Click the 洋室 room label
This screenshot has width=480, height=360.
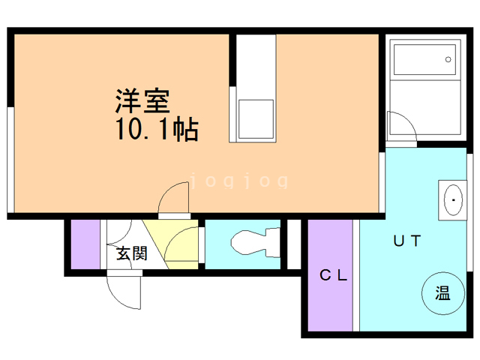tap(142, 100)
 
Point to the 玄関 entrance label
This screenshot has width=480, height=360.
tap(130, 253)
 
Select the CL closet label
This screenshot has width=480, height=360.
tap(334, 275)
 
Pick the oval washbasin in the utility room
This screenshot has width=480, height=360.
tap(452, 200)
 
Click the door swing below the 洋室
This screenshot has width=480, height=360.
tap(173, 199)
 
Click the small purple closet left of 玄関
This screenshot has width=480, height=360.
tap(85, 245)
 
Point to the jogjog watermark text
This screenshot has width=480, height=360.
tap(239, 181)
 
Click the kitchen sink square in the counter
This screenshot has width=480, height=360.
tap(255, 117)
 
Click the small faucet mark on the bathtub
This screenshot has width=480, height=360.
tap(447, 58)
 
